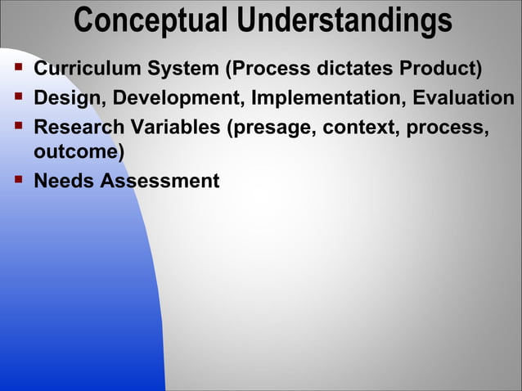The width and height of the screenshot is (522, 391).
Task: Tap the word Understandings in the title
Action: [342, 20]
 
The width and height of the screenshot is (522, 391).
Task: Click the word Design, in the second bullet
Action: [70, 99]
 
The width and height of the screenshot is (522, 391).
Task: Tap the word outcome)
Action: [79, 152]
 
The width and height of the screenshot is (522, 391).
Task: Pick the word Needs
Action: [64, 181]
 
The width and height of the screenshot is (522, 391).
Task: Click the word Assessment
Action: [160, 181]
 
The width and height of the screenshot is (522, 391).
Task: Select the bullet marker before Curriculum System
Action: [17, 68]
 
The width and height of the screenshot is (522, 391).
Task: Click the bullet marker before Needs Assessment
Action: [17, 179]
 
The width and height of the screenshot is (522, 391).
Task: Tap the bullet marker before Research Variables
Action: [17, 128]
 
